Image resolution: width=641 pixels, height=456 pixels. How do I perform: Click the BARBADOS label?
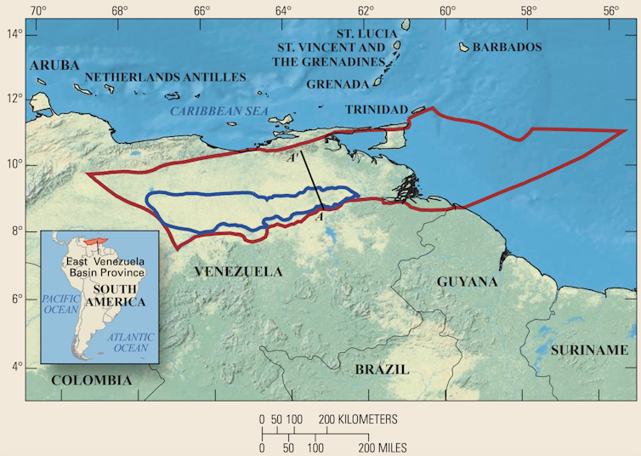pyautogui.click(x=507, y=48)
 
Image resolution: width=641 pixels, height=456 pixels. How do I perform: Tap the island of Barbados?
pyautogui.click(x=465, y=47)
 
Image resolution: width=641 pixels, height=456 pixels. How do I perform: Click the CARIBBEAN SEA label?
pyautogui.click(x=218, y=111)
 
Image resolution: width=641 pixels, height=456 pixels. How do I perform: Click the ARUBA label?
pyautogui.click(x=54, y=66)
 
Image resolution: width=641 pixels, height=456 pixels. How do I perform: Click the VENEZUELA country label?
pyautogui.click(x=237, y=272)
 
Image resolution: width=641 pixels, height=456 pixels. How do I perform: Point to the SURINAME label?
pyautogui.click(x=589, y=351)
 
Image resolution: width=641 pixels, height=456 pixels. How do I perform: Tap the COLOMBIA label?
pyautogui.click(x=92, y=380)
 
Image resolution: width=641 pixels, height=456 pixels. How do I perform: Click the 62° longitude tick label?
pyautogui.click(x=366, y=11)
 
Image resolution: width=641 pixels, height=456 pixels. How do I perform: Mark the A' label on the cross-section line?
pyautogui.click(x=292, y=157)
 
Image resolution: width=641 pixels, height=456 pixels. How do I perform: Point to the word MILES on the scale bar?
pyautogui.click(x=388, y=447)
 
